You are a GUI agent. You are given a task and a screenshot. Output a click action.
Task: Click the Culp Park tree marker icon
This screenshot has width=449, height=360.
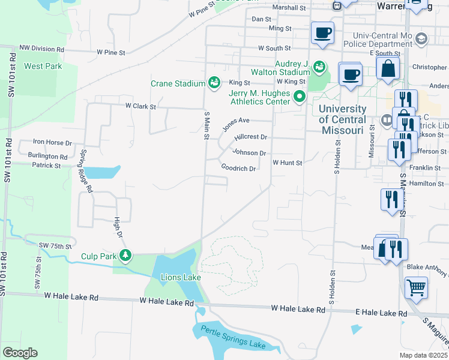[x=125, y=256]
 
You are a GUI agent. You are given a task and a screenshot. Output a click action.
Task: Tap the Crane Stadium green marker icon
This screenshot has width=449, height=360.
[x=214, y=83]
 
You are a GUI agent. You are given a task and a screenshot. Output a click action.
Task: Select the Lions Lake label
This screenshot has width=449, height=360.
[x=176, y=277]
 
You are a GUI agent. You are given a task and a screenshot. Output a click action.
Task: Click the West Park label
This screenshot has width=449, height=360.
[x=42, y=65]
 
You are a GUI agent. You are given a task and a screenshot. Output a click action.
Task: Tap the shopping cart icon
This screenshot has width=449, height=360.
[x=416, y=289]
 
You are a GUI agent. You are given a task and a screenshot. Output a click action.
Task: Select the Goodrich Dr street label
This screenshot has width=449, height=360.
[x=238, y=169]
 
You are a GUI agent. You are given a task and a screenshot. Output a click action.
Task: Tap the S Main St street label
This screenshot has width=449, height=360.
[x=206, y=125]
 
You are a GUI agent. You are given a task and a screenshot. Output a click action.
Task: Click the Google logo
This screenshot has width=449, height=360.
[x=20, y=352]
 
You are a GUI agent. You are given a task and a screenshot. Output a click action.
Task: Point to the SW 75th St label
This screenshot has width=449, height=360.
[x=55, y=246]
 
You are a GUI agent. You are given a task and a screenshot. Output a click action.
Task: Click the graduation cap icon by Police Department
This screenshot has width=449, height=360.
[x=421, y=39]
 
